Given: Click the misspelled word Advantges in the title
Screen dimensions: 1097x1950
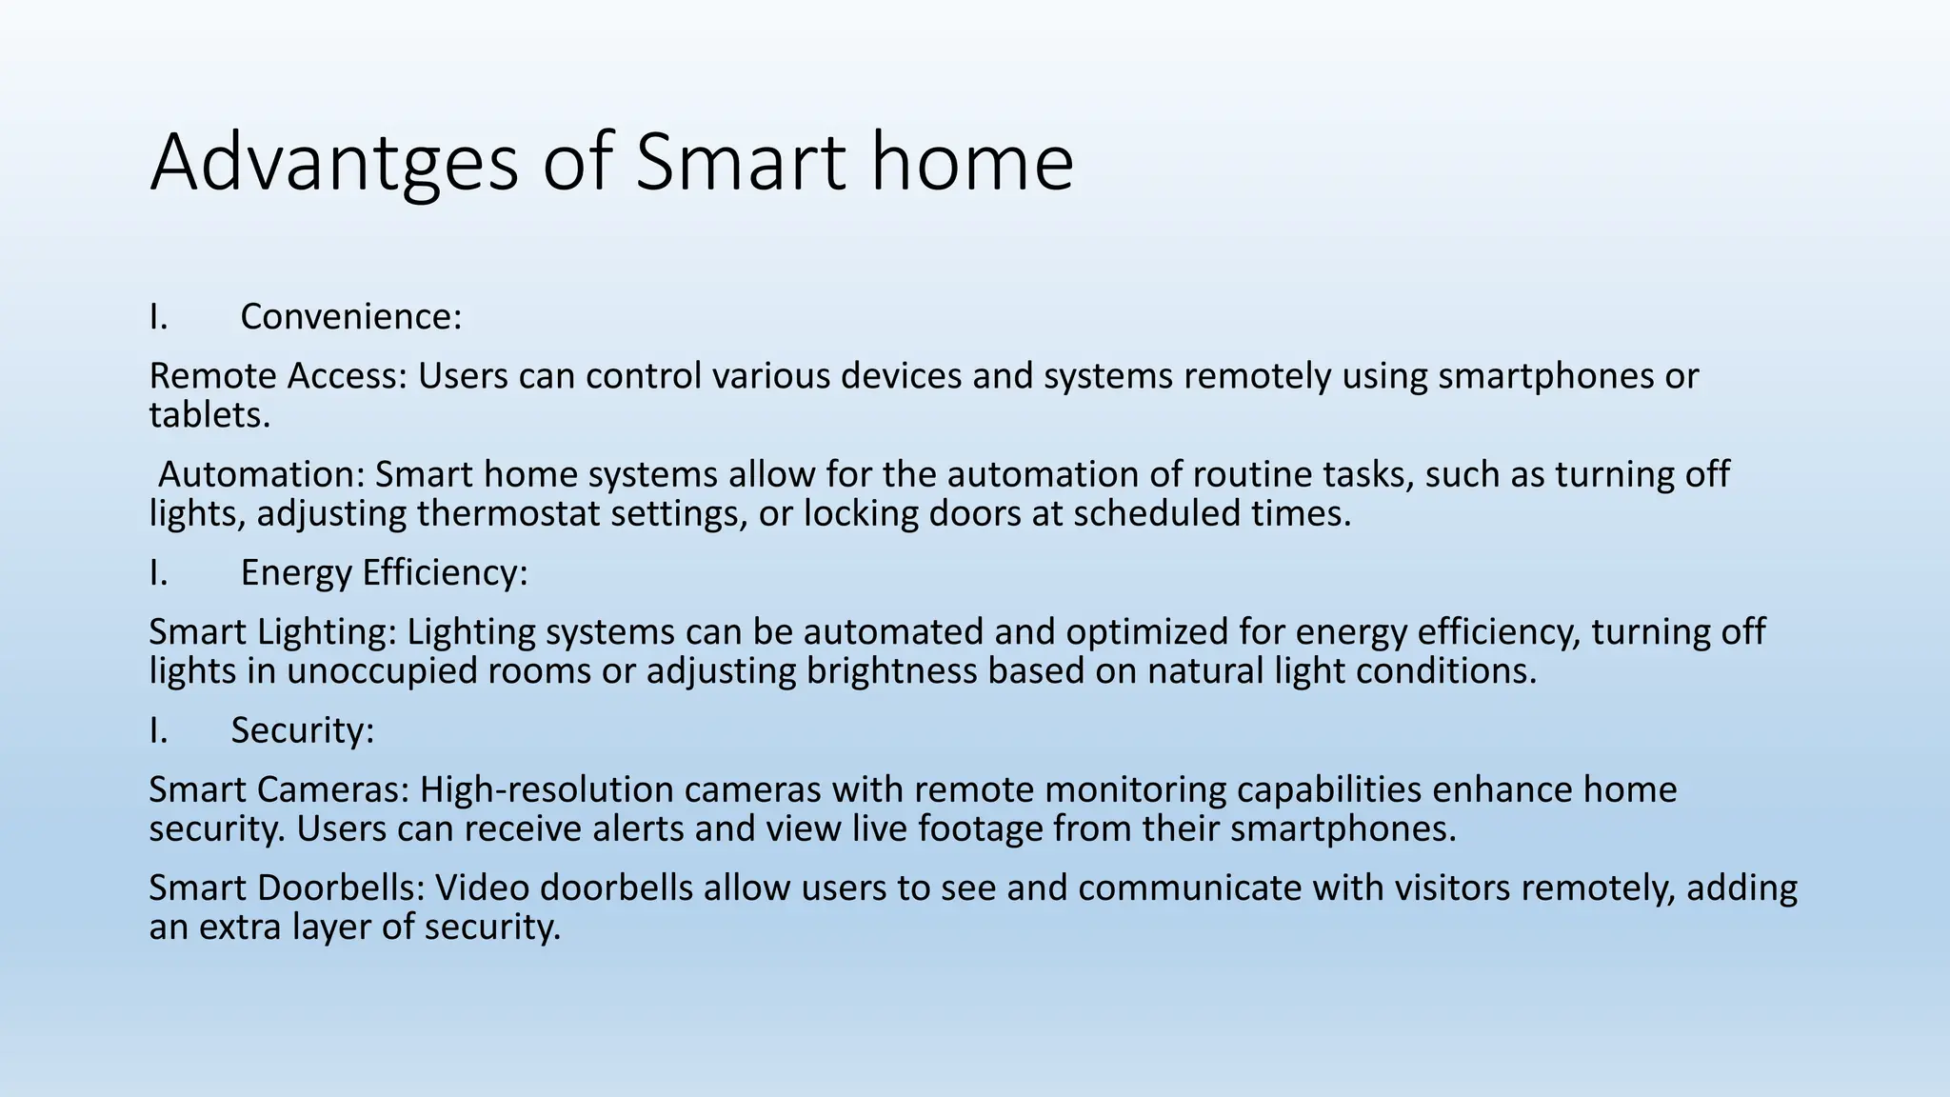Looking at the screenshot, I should click(333, 164).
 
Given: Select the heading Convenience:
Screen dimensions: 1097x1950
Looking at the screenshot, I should click(350, 317).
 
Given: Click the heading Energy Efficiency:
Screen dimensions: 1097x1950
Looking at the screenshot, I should click(384, 573).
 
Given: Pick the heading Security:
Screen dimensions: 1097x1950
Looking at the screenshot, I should click(303, 730).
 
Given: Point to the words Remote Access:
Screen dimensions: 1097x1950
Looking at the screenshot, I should click(277, 377).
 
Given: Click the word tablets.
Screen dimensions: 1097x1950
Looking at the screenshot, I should click(209, 416).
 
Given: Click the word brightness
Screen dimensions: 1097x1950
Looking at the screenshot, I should click(891, 671).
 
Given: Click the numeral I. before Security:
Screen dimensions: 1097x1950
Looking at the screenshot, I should click(158, 730).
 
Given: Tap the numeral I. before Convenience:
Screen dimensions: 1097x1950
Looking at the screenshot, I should click(158, 317).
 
